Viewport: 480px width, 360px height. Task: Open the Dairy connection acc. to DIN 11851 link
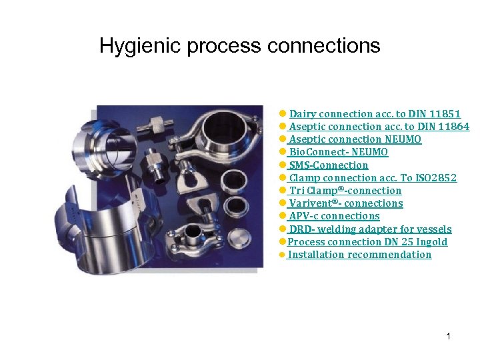coord(375,114)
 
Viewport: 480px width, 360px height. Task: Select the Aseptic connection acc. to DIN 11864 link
coord(379,127)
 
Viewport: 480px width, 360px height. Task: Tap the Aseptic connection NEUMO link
coord(355,139)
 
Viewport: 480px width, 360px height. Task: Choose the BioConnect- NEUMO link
coord(338,152)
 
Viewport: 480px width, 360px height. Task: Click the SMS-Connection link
coord(328,165)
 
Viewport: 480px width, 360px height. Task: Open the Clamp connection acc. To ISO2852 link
coord(373,177)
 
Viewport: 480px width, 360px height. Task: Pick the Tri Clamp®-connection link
coord(345,191)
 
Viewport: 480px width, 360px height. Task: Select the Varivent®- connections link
coord(346,203)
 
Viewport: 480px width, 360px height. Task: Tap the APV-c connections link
coord(334,216)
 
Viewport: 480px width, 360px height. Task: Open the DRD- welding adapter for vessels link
coord(370,229)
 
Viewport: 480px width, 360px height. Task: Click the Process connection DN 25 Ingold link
coord(367,242)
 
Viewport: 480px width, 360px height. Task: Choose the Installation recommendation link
coord(359,255)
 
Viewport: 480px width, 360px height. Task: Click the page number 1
coord(449,336)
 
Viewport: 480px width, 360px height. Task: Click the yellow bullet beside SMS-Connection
coord(283,165)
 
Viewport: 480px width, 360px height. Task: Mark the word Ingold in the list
coord(432,242)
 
